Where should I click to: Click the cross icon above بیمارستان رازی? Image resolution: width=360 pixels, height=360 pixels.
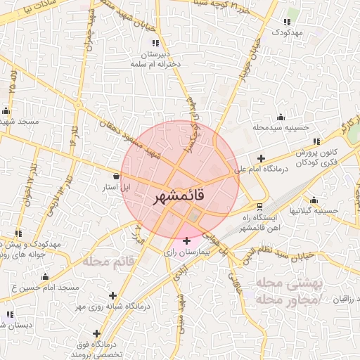pyautogui.click(x=186, y=241)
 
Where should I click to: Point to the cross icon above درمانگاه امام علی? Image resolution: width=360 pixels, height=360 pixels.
pyautogui.click(x=262, y=159)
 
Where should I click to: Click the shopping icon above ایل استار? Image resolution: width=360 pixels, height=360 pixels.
pyautogui.click(x=116, y=176)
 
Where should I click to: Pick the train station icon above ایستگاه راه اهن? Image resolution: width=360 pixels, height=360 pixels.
pyautogui.click(x=260, y=206)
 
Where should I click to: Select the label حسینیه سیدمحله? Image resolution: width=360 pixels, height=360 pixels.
pyautogui.click(x=281, y=127)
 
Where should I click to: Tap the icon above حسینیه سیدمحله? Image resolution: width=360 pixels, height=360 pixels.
pyautogui.click(x=281, y=117)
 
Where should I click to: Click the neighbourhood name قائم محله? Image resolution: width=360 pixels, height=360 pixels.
pyautogui.click(x=108, y=262)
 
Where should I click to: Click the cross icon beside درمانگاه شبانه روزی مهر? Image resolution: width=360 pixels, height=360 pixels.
pyautogui.click(x=112, y=295)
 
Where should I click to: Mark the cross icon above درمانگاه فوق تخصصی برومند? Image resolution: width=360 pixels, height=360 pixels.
pyautogui.click(x=96, y=333)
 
